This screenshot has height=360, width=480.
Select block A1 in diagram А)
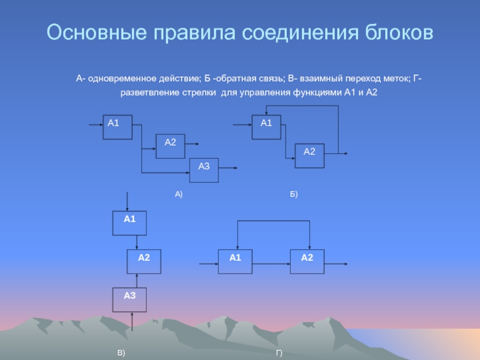(x=117, y=127)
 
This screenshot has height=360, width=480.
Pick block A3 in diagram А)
(x=204, y=170)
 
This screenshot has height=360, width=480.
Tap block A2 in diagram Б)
(x=309, y=155)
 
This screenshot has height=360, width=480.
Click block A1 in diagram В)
(x=130, y=223)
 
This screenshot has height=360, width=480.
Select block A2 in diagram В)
(x=144, y=261)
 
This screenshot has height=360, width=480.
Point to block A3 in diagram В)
(x=130, y=299)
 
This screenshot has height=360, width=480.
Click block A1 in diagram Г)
(x=235, y=261)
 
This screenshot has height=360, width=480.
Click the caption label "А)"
(x=178, y=195)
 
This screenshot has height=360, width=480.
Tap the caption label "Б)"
(x=293, y=195)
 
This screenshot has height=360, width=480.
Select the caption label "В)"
(x=121, y=354)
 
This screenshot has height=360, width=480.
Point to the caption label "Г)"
(x=279, y=354)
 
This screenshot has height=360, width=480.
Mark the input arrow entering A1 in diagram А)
(x=95, y=125)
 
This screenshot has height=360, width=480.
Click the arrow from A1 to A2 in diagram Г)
(x=271, y=263)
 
